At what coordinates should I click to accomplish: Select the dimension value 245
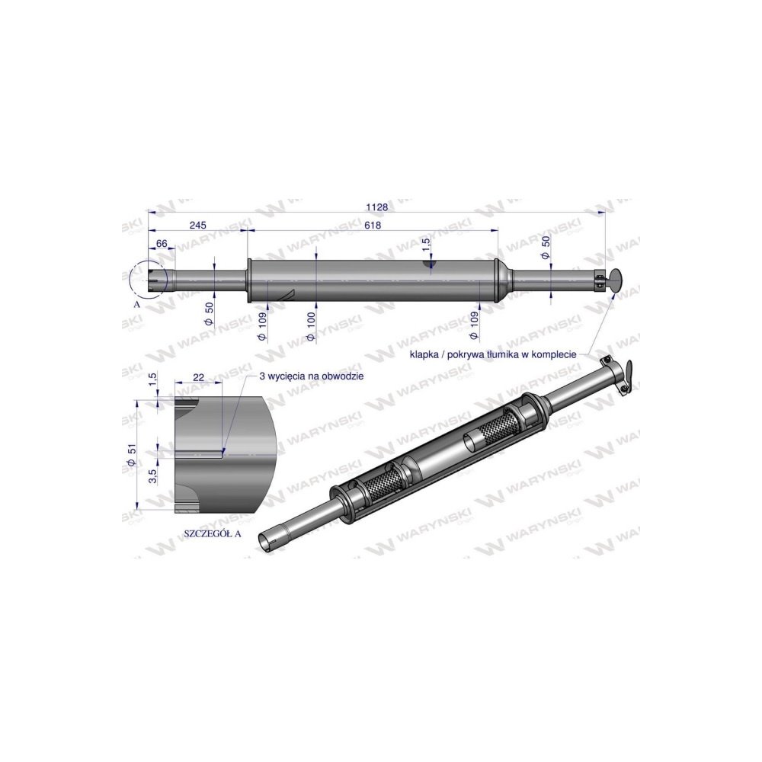(198, 226)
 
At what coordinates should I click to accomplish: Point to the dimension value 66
(162, 243)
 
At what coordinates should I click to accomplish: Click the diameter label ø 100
(310, 325)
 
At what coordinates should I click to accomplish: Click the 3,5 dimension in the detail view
(152, 475)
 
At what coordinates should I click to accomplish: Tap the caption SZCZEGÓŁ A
(212, 533)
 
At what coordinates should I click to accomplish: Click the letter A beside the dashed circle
(137, 303)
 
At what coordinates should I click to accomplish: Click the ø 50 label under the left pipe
(209, 312)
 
